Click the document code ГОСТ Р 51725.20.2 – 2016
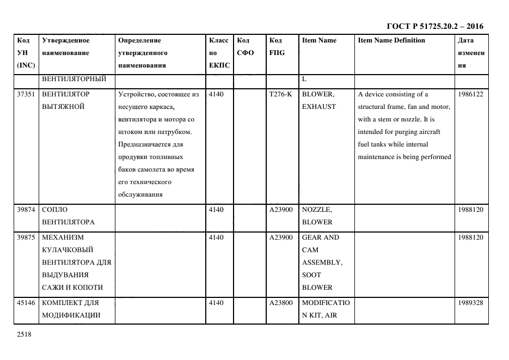coord(434,26)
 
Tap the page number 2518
coord(24,335)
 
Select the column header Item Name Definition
coord(391,40)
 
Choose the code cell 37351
coord(26,94)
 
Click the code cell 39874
coord(26,210)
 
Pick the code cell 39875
coord(26,237)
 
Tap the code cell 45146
coord(26,303)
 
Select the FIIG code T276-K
coord(280,94)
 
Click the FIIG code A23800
coord(281,303)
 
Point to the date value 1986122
coord(470,94)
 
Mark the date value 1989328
coord(470,303)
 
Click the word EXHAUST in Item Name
coord(318,107)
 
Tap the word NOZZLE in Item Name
coord(317,210)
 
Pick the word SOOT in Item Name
coord(311,275)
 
